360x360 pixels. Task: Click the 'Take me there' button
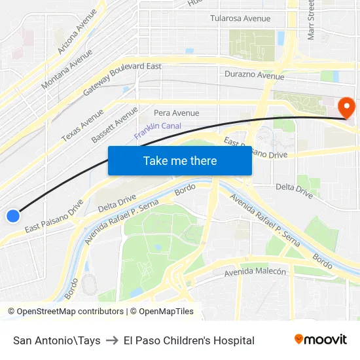click(x=180, y=160)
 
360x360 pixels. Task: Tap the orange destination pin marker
click(x=345, y=107)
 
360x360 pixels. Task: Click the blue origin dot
click(x=12, y=215)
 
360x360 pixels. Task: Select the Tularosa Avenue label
click(x=240, y=18)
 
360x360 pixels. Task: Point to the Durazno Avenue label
click(x=254, y=75)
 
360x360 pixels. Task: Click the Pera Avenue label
click(x=177, y=113)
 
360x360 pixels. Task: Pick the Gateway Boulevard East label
click(x=122, y=81)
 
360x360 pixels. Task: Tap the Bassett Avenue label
click(x=115, y=125)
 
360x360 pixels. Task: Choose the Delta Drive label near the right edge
click(x=294, y=190)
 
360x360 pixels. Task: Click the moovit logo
click(x=321, y=339)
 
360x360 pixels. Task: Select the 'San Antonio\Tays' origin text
click(x=57, y=340)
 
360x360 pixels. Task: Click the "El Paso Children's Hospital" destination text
click(x=189, y=340)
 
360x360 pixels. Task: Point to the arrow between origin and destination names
click(x=112, y=340)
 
